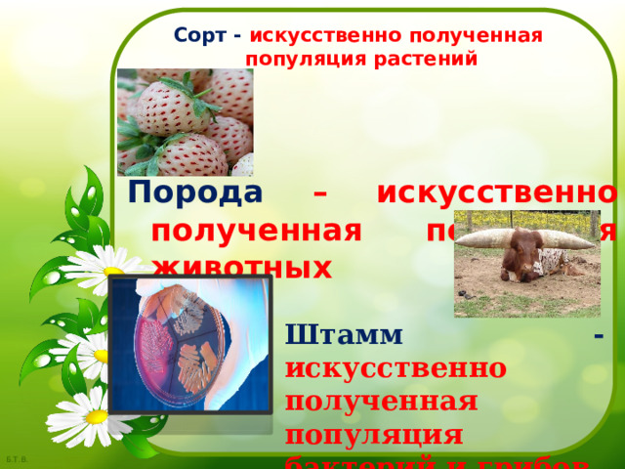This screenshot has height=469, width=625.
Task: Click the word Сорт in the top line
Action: (199, 35)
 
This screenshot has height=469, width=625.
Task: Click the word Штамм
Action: (344, 334)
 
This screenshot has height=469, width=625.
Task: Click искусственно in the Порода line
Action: (498, 192)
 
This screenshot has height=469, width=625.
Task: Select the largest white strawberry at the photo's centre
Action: (170, 108)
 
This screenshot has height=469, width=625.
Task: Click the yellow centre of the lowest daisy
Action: (96, 416)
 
